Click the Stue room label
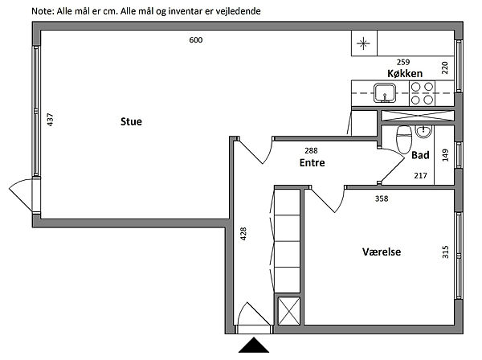click(x=131, y=122)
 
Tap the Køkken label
click(x=405, y=74)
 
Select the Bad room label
click(x=419, y=155)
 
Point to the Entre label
click(x=312, y=162)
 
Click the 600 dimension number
click(x=195, y=40)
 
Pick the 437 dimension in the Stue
click(x=50, y=121)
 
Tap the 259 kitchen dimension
click(x=404, y=62)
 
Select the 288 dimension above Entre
click(x=311, y=150)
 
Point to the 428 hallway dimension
click(x=243, y=235)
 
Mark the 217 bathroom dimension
click(x=420, y=176)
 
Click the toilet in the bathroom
click(x=405, y=138)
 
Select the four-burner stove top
click(x=423, y=94)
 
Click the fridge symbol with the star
click(x=364, y=43)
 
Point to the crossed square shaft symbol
click(x=288, y=310)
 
